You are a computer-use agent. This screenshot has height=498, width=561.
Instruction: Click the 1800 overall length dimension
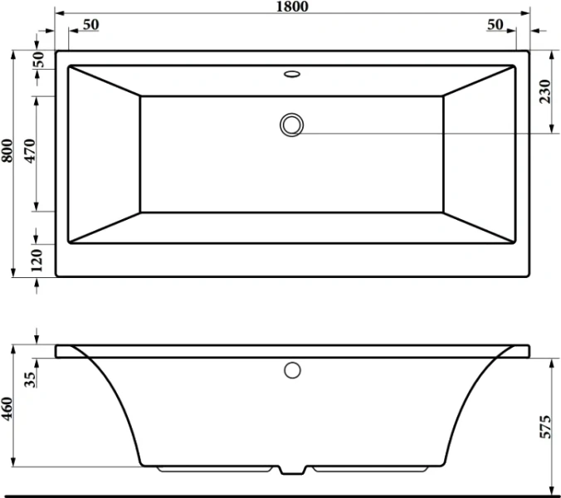pos(292,7)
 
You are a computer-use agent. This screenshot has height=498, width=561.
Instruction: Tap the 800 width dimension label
pos(7,149)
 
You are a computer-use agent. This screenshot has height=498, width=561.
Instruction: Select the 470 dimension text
pos(31,154)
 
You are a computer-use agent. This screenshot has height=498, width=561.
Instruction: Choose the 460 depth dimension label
pos(7,409)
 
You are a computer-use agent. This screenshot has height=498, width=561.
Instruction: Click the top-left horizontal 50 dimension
pos(90,24)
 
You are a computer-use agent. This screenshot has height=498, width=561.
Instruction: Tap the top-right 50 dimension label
pos(495,24)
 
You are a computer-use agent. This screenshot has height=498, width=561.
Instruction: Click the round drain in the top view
pos(292,124)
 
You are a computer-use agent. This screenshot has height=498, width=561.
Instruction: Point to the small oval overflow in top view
pos(292,74)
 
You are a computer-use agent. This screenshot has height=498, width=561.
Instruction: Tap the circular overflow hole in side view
pos(292,369)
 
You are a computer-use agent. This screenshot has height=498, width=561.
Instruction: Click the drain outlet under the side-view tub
pos(292,471)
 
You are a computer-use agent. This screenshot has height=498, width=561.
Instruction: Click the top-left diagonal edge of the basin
pos(104,81)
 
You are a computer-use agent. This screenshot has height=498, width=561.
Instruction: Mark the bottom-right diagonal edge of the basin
pos(480,228)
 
